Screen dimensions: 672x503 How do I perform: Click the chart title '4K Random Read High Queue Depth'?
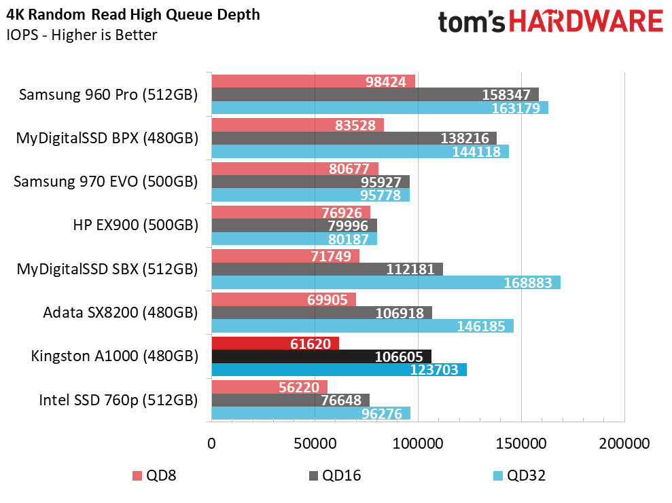[x=133, y=14]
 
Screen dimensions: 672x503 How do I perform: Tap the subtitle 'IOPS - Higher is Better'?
[x=82, y=35]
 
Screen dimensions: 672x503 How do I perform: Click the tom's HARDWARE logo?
[x=550, y=22]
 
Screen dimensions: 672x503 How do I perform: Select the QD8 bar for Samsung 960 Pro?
[x=313, y=81]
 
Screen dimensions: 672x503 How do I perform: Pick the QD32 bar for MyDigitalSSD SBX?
[x=386, y=282]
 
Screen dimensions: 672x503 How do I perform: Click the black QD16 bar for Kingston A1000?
[x=321, y=356]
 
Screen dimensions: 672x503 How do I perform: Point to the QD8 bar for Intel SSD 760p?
[x=270, y=387]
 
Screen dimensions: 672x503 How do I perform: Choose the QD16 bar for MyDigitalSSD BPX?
[x=354, y=138]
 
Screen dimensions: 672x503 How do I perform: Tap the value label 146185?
[x=481, y=327]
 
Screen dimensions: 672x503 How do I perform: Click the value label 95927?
[x=381, y=182]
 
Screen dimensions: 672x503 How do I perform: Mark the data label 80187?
[x=349, y=239]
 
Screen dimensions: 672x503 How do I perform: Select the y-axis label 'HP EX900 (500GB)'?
[x=135, y=225]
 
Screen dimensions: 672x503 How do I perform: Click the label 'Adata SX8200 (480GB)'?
[x=120, y=312]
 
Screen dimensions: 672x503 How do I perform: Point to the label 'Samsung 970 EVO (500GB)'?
[x=106, y=181]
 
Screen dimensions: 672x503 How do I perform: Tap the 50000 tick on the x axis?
[x=315, y=443]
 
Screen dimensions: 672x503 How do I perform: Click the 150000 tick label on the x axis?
[x=521, y=443]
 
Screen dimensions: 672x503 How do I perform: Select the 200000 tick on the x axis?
[x=624, y=443]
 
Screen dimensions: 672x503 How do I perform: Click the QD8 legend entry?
[x=155, y=476]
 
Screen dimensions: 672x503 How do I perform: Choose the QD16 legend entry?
[x=335, y=476]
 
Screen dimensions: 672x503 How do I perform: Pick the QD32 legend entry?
[x=519, y=476]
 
